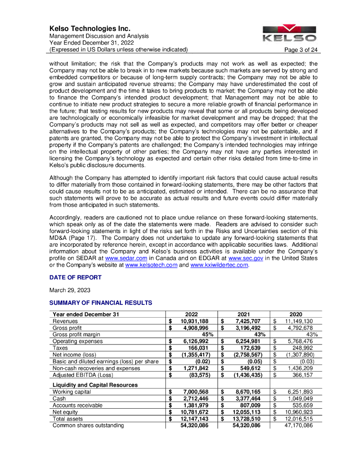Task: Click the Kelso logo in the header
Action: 289,33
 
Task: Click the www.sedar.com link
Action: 126,258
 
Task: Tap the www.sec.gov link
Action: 245,258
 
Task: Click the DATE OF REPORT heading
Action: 75,278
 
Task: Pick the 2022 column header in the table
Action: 191,314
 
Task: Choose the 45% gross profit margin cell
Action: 201,334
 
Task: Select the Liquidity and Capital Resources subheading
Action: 95,385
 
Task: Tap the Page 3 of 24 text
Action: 301,50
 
